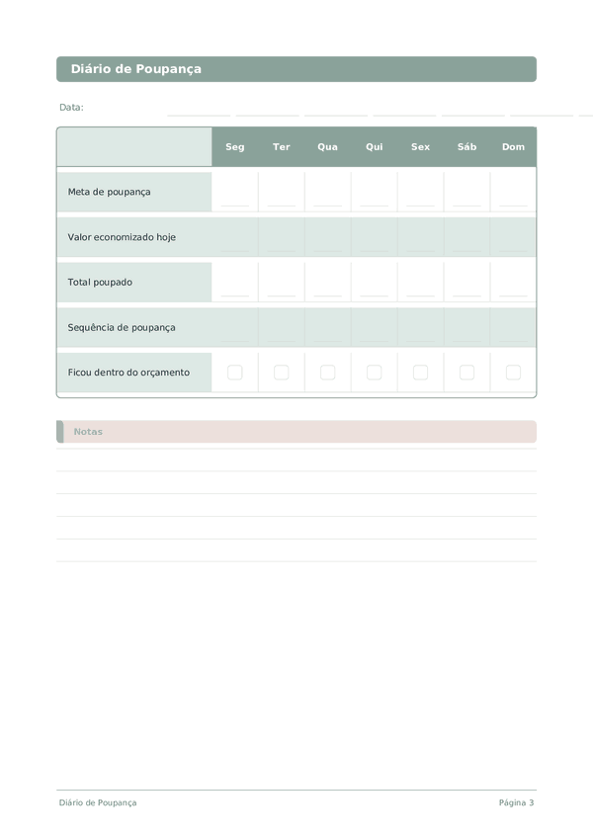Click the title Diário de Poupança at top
136,69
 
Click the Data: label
71,107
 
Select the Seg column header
235,147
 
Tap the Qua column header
327,147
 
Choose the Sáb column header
466,147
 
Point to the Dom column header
513,147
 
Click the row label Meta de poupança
110,192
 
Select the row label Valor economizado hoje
122,237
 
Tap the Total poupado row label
100,283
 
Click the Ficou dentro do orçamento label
128,373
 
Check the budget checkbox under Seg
235,373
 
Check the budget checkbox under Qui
374,373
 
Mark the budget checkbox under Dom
513,373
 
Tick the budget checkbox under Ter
282,373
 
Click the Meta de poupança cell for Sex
420,192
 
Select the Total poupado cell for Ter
282,283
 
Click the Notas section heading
88,432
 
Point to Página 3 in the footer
516,802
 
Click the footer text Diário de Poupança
98,802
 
